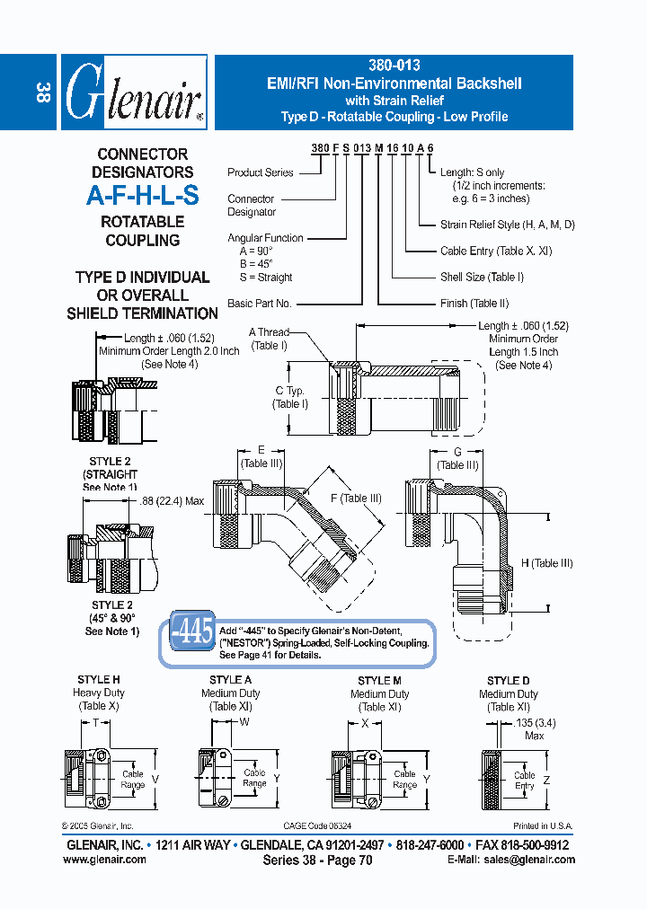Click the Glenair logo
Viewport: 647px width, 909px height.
[x=133, y=93]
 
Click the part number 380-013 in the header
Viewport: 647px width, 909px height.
[x=394, y=66]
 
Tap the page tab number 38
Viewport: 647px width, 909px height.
[x=42, y=93]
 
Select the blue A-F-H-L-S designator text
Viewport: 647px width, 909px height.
[x=142, y=196]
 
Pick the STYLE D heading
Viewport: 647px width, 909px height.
[x=509, y=681]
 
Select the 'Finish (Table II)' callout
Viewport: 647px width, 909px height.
[x=474, y=304]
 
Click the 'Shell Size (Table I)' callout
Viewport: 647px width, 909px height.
[x=482, y=278]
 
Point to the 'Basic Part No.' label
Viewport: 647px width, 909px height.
[x=260, y=304]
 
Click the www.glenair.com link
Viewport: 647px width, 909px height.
[x=104, y=859]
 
